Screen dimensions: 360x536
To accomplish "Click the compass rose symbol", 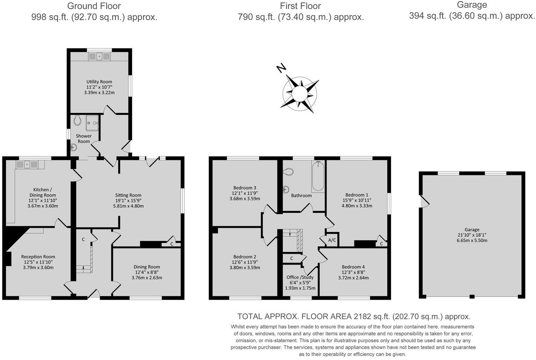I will [300, 94].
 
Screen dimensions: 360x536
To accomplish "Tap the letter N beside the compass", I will [281, 67].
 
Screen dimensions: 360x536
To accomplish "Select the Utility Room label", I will [99, 82].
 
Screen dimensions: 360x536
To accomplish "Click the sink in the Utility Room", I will [99, 56].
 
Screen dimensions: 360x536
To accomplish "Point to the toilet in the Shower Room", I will [77, 121].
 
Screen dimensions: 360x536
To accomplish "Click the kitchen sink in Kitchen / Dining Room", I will [27, 164].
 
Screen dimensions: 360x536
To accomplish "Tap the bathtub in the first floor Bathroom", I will [318, 176].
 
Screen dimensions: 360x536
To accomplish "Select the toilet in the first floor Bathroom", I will [288, 172].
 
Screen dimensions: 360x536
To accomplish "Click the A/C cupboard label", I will [332, 240].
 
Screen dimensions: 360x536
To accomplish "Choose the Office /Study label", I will [300, 277].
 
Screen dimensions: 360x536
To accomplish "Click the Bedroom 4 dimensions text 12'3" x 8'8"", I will [353, 272].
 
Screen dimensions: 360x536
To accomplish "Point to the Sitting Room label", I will [128, 195].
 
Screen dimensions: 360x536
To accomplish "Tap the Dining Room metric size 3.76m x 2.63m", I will [147, 278].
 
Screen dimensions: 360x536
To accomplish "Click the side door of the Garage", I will [424, 201].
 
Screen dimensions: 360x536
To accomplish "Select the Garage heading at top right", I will [472, 5].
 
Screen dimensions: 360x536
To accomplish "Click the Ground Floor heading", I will [94, 6].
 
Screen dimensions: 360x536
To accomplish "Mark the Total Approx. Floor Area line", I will [354, 316].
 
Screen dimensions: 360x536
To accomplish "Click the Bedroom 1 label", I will [357, 195].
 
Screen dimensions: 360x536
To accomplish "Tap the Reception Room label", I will [38, 257].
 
